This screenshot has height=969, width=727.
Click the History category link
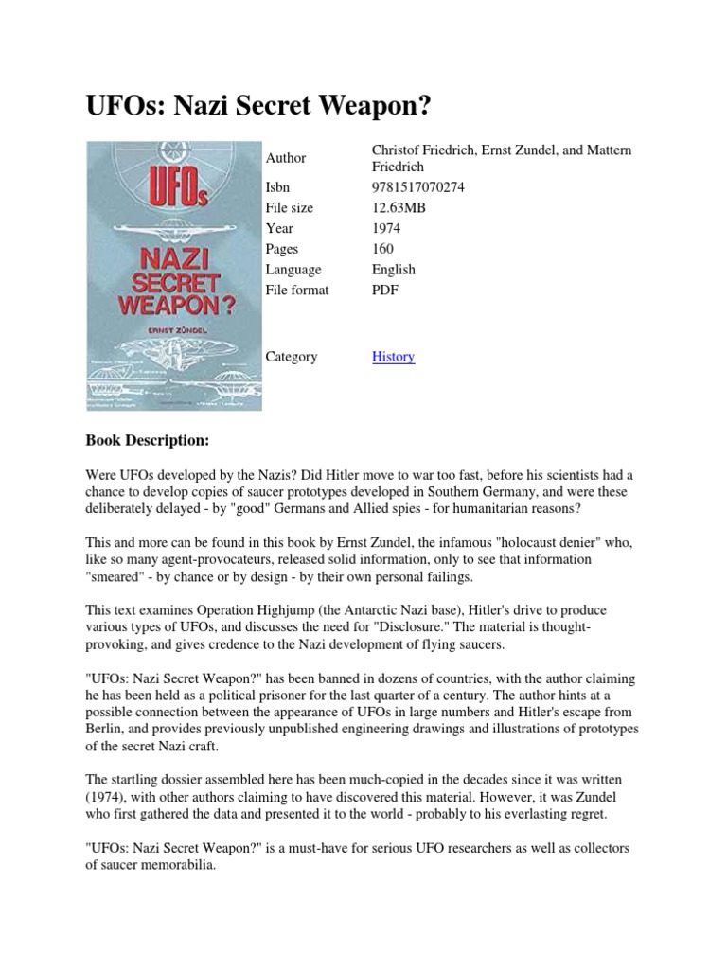tap(393, 357)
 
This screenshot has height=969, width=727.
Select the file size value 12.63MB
tap(398, 207)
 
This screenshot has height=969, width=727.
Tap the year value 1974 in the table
tap(386, 228)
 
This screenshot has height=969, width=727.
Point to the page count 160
tap(383, 249)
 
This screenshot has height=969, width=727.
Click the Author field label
tap(287, 158)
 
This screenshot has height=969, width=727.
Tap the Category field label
tap(292, 357)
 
